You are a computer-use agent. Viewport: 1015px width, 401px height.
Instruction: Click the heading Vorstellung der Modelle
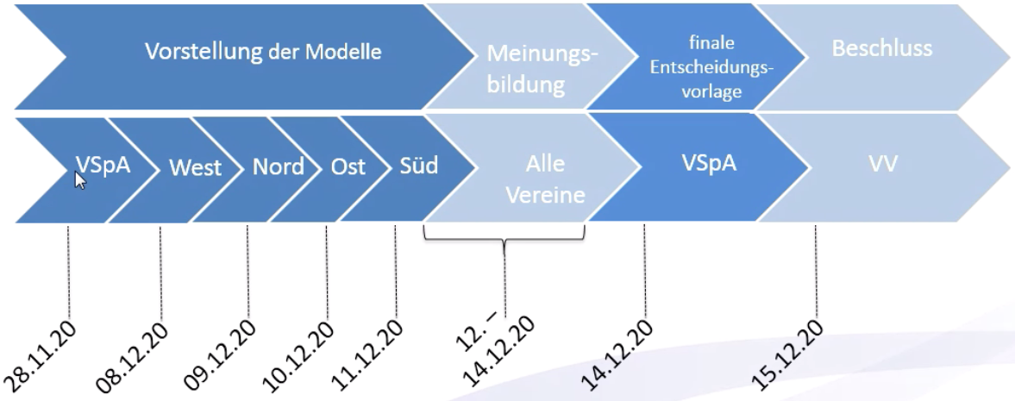pos(262,52)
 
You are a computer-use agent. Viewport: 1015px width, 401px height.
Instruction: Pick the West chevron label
pos(195,166)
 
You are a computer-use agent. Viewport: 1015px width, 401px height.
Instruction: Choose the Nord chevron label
pos(278,166)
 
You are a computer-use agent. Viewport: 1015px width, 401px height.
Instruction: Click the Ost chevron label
pos(348,166)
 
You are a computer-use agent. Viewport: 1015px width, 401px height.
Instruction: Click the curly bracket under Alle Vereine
pos(504,238)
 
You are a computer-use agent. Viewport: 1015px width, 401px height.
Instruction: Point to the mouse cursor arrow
pos(80,179)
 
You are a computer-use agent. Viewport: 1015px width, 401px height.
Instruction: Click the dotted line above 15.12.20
pos(815,276)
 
